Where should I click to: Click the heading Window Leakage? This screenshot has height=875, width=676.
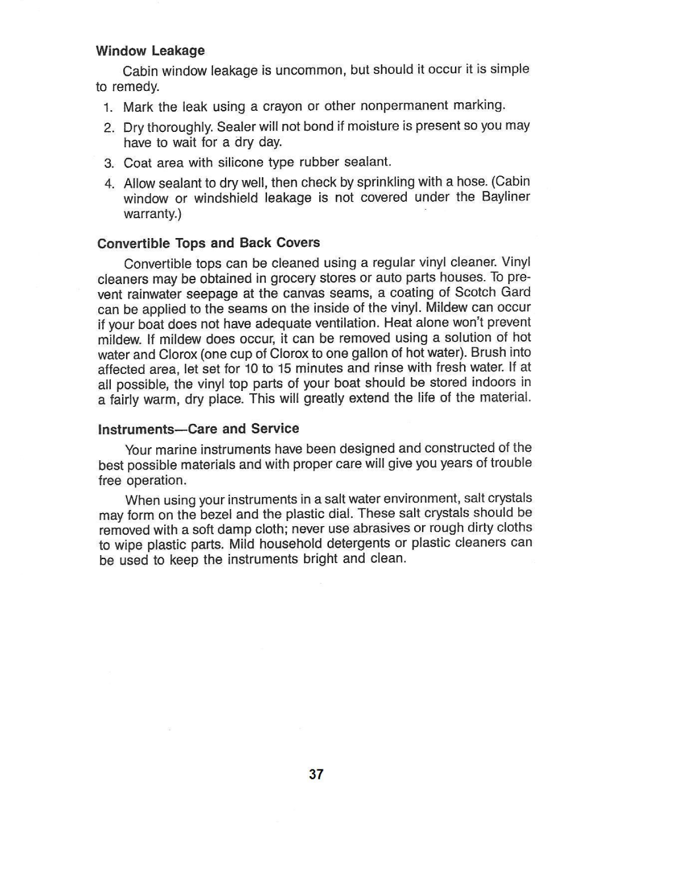pyautogui.click(x=151, y=51)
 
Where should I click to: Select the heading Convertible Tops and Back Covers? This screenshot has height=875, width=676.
pyautogui.click(x=208, y=243)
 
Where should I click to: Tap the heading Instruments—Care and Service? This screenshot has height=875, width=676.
pyautogui.click(x=198, y=428)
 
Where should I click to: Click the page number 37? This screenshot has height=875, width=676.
pyautogui.click(x=316, y=774)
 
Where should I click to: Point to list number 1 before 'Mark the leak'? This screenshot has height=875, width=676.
pyautogui.click(x=109, y=107)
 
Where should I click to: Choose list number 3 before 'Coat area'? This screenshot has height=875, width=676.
pyautogui.click(x=109, y=164)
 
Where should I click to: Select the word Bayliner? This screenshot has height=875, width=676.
pyautogui.click(x=506, y=197)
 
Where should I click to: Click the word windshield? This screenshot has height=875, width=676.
pyautogui.click(x=226, y=198)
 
